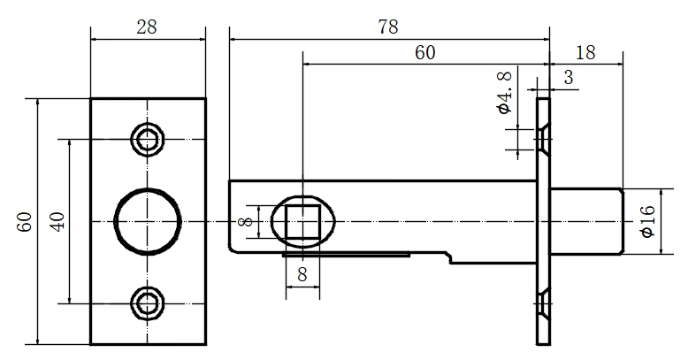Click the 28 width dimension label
click(147, 27)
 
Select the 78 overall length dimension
click(388, 27)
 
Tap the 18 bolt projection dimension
click(585, 53)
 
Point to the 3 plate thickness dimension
click(569, 77)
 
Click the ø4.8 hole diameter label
click(505, 93)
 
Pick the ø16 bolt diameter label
click(647, 221)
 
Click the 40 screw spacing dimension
click(57, 222)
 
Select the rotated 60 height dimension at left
click(25, 222)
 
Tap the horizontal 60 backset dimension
click(424, 53)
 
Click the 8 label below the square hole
click(302, 275)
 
